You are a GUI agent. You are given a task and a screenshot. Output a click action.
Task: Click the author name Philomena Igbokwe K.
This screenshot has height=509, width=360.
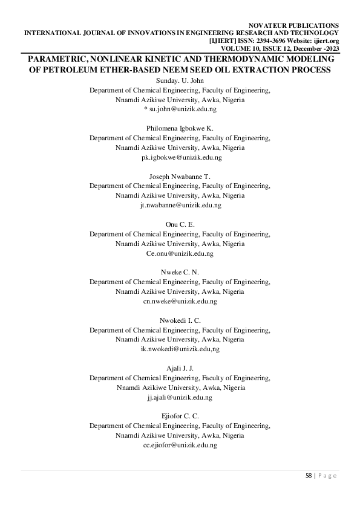[x=180, y=128]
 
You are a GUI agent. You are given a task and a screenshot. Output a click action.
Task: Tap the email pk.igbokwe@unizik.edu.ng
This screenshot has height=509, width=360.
[x=180, y=157]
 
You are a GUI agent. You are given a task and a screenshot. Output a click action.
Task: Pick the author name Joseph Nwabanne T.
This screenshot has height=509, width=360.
[x=180, y=176]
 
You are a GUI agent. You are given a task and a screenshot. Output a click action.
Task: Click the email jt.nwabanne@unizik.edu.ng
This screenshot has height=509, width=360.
[x=180, y=205]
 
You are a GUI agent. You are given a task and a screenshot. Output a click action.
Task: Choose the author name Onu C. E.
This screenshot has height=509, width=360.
[x=180, y=224]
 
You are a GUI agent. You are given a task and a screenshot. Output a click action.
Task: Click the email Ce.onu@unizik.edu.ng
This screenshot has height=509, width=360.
[x=180, y=253]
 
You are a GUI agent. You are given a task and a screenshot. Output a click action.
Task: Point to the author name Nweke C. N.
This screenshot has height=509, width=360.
[x=180, y=272]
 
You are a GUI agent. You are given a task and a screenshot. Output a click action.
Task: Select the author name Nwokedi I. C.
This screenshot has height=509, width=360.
[x=180, y=320]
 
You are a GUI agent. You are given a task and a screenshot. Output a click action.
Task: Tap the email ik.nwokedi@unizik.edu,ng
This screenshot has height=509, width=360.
[x=180, y=349]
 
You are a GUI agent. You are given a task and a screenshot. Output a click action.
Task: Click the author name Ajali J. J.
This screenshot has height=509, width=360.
[x=180, y=368]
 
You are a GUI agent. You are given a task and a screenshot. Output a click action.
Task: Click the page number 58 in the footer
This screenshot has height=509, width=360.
[x=308, y=476]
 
